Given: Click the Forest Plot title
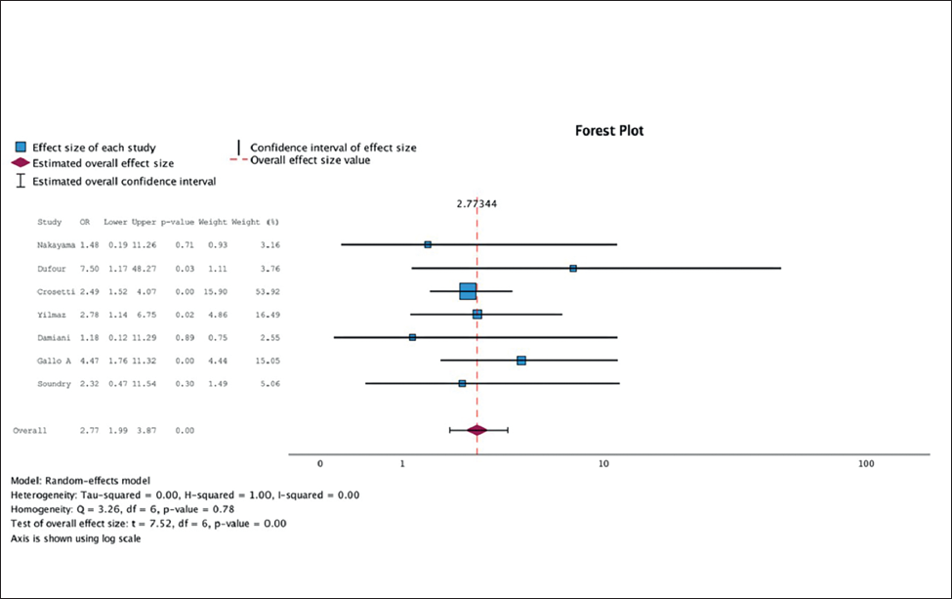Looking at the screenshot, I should coord(607,131).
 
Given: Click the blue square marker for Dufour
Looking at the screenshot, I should coord(573,268).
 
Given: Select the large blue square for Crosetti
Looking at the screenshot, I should coord(468,291).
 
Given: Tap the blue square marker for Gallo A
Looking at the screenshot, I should coord(521,361).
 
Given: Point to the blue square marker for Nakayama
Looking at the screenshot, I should coord(428,244).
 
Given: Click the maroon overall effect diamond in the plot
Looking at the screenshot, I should coord(477,430).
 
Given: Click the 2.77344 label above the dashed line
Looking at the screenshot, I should coord(477,204).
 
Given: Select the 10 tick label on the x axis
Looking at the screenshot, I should coord(603,463).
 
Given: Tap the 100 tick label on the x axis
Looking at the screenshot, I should coord(865,463).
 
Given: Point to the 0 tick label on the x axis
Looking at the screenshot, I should coord(320,463).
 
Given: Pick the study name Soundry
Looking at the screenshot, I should coord(55,384).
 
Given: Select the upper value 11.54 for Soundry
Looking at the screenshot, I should coord(145,384).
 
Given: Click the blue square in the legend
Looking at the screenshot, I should coord(21,147).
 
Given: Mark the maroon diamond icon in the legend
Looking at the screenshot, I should coord(21,163).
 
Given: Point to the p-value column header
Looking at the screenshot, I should coord(179,222).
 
